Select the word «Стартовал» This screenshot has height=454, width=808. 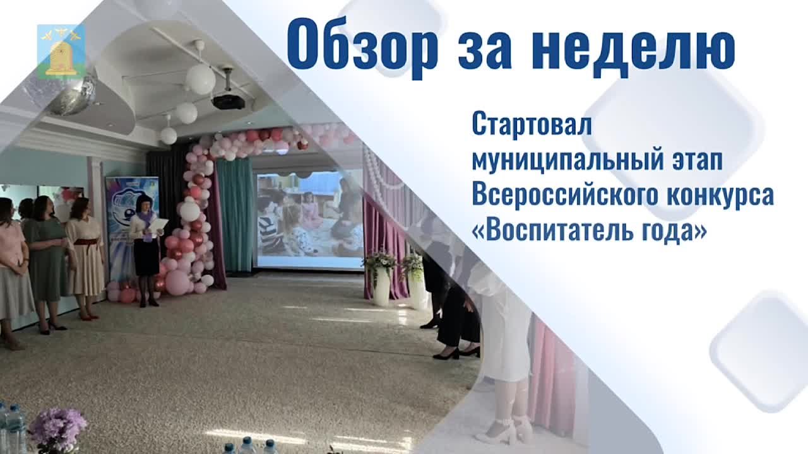coord(532,125)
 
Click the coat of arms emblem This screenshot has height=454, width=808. coord(61,52)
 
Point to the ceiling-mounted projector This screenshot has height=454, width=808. coord(227,95)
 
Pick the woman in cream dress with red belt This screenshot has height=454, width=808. coord(85,258)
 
